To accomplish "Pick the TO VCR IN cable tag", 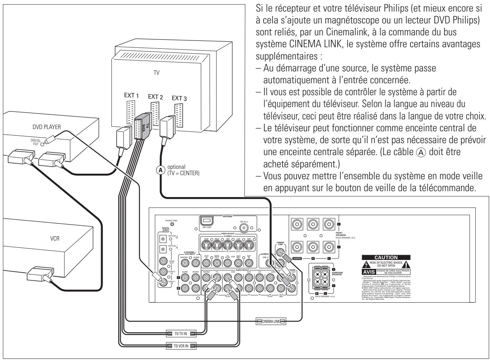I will point(181,345).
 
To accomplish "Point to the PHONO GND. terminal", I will point(173,225).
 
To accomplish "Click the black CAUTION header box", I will point(387,257).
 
